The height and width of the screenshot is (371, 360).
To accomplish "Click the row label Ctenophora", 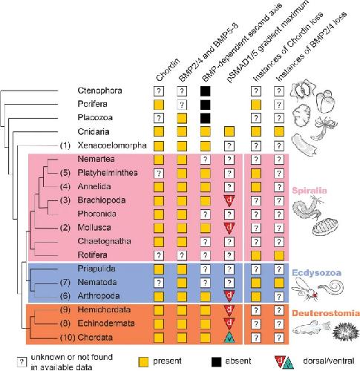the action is coord(99,91).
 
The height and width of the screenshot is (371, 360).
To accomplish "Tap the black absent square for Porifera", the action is coord(205,105).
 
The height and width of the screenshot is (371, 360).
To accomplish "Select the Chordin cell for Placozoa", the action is coord(159,118).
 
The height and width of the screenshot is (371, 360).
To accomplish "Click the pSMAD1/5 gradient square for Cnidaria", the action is coord(229,131).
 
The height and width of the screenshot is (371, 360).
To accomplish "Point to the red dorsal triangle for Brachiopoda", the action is coord(229,200).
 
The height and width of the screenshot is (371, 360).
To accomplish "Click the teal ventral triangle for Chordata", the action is coord(229,338).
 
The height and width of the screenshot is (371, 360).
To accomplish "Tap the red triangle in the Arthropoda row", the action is coord(229,295).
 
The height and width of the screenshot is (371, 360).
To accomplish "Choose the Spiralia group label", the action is coord(310,191).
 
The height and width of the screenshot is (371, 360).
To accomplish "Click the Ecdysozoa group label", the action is coord(316,272).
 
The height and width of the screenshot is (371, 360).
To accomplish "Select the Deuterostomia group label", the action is coord(326,313).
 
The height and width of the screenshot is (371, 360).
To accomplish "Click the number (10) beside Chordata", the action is coord(68,338).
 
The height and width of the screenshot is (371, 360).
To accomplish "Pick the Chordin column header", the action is coord(168,70).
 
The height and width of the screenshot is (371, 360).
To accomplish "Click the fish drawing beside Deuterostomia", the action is coord(312,328).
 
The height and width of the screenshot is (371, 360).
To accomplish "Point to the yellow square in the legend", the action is coord(143,361).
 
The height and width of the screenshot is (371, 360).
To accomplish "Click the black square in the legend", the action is coord(216,361).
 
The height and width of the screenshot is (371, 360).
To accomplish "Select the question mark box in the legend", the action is coord(22,362).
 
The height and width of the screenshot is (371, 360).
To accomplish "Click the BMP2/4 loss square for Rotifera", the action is coord(279,255).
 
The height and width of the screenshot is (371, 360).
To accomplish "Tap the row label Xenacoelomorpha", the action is coord(112,145).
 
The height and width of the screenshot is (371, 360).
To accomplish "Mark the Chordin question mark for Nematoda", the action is coord(159,283).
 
